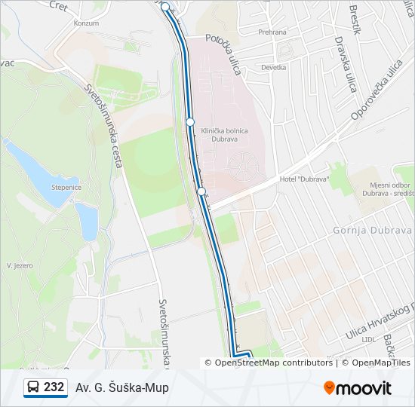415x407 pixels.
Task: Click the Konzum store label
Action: coord(86,23)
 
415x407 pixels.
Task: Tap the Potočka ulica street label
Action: coord(223,54)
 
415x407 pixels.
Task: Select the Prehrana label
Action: coord(272,32)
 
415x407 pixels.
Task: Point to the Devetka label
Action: coord(273,67)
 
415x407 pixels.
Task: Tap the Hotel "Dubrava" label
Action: coord(304,179)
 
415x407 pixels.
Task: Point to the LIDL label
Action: coord(369,339)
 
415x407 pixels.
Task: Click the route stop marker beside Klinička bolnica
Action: coord(190,122)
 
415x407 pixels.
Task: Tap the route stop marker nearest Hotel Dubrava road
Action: coord(201,191)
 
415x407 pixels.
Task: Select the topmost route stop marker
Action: coord(165,6)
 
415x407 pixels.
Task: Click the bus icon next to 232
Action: coord(33,387)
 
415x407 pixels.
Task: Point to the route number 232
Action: coord(54,387)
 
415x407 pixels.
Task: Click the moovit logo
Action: coord(357,388)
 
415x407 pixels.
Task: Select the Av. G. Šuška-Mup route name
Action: coord(121,387)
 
